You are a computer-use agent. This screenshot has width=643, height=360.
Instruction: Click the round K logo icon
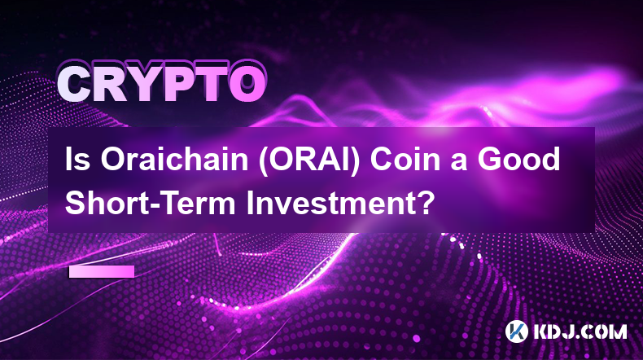coord(516,331)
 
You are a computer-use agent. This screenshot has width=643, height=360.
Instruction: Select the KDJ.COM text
coord(580,331)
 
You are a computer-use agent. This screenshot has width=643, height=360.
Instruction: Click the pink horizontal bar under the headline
coord(102,271)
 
